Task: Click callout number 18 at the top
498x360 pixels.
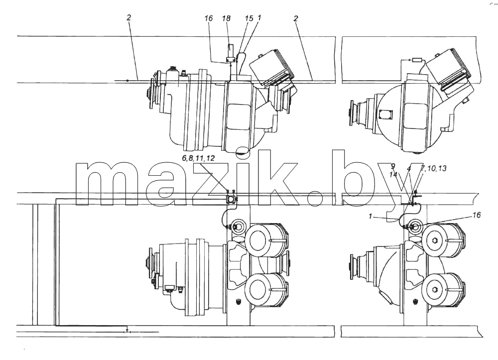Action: tap(226, 19)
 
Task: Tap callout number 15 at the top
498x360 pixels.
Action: tap(249, 18)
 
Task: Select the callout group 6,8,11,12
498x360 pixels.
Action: tap(199, 158)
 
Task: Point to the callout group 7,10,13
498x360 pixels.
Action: tap(433, 168)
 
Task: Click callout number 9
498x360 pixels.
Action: tap(393, 166)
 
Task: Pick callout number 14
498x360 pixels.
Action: tap(394, 174)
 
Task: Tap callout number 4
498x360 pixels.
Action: tap(409, 169)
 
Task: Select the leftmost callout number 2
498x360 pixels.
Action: tap(128, 18)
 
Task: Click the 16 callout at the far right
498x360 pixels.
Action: tap(477, 215)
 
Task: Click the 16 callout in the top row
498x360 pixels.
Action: tap(208, 18)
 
